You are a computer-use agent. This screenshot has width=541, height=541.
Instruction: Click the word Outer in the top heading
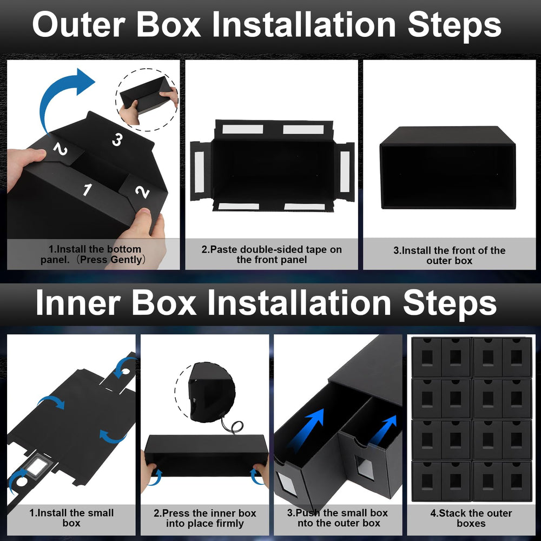tap(78, 25)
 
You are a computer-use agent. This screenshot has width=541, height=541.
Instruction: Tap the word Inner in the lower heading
tap(77, 302)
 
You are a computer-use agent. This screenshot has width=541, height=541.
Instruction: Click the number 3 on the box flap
tap(117, 140)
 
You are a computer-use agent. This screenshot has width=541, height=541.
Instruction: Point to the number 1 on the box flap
tap(87, 189)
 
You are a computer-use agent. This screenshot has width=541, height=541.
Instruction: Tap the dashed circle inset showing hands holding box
tap(147, 100)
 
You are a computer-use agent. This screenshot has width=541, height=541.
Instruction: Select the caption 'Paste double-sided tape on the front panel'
tap(272, 254)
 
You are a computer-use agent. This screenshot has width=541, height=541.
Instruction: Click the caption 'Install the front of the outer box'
tap(449, 255)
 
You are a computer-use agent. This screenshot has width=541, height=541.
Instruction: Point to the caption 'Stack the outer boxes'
tap(471, 518)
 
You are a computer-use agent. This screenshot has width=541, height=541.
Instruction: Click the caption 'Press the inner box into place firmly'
tap(205, 518)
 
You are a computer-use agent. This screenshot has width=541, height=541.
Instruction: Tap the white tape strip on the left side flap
tap(200, 171)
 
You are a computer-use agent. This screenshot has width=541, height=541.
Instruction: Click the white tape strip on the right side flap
tap(345, 171)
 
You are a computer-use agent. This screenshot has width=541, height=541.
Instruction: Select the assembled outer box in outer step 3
tap(447, 167)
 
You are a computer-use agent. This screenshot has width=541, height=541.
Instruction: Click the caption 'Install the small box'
tap(71, 518)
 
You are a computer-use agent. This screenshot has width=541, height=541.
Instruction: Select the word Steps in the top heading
tap(454, 25)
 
